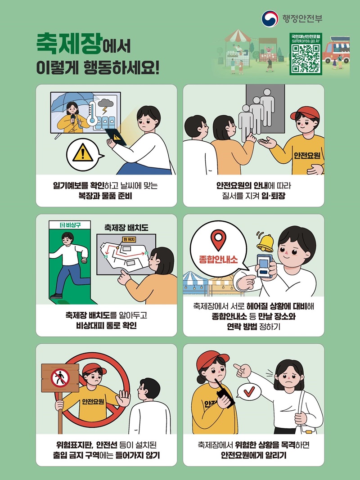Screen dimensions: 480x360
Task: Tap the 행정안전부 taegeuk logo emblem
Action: point(270,18)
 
